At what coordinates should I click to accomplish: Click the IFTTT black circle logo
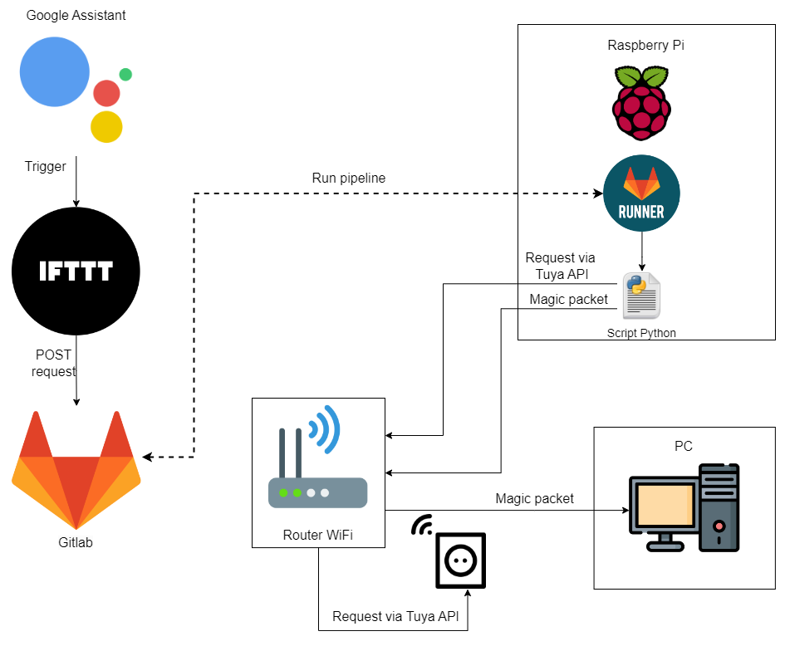click(x=76, y=271)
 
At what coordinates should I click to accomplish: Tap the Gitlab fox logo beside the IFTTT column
click(x=76, y=469)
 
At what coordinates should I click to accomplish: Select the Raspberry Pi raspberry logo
click(x=641, y=103)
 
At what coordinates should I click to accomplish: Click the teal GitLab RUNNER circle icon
click(x=641, y=193)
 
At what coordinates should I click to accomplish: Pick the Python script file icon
click(x=641, y=295)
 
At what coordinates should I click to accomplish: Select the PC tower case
click(x=719, y=507)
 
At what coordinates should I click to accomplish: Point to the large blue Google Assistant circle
click(x=55, y=72)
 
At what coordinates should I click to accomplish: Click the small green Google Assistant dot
click(x=125, y=75)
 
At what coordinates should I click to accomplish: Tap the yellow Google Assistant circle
click(x=106, y=126)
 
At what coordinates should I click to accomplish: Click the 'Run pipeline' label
click(x=349, y=178)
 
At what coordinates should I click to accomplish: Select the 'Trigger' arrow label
click(x=46, y=166)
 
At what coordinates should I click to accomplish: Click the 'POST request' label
click(x=53, y=363)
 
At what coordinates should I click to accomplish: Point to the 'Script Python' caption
click(x=641, y=333)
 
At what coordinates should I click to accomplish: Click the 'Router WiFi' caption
click(x=317, y=535)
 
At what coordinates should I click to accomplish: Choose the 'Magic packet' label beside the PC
click(x=534, y=498)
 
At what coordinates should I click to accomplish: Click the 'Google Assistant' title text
click(x=76, y=15)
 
